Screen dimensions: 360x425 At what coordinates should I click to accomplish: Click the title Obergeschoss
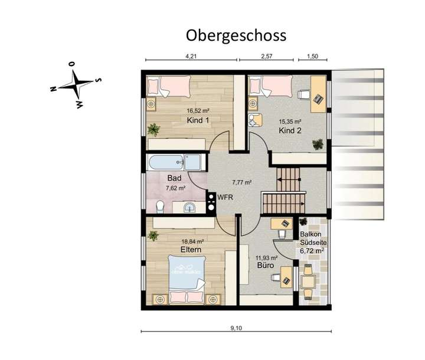[236, 35]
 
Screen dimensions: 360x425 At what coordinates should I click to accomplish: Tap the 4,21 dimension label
[191, 56]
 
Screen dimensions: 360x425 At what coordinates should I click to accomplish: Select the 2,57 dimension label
[266, 56]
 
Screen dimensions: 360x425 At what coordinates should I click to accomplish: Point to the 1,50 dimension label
[312, 56]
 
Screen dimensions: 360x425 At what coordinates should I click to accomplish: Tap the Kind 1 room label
[198, 120]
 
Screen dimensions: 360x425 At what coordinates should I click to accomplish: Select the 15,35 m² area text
[290, 122]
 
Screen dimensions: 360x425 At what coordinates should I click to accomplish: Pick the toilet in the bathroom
[160, 205]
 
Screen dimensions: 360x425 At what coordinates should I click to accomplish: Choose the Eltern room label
[191, 250]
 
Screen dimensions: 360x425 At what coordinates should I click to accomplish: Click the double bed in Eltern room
[186, 277]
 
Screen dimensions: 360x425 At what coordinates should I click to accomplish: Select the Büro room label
[263, 267]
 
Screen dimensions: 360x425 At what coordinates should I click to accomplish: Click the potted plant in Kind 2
[318, 143]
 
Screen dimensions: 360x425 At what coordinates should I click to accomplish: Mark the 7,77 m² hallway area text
[241, 182]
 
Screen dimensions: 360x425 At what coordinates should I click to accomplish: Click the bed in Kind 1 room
[168, 89]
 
